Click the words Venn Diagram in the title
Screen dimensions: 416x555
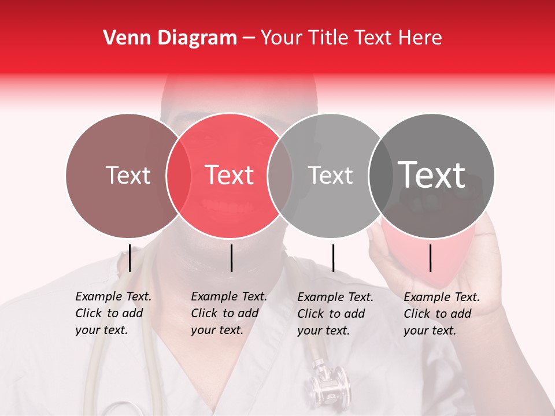(x=170, y=38)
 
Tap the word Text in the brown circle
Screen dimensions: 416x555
(x=128, y=175)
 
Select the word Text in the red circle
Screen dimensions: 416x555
(x=230, y=175)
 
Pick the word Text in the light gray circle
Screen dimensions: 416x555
(x=330, y=175)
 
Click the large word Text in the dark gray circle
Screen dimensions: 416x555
(x=431, y=174)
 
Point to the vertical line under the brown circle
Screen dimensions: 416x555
(x=130, y=258)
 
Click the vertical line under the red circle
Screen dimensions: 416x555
(x=232, y=258)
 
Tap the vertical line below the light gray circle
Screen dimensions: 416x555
(x=334, y=258)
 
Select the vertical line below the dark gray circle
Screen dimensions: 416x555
(x=431, y=258)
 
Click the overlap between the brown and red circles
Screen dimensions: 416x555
(x=179, y=175)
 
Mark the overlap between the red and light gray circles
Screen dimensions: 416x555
(x=280, y=175)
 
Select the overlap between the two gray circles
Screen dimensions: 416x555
(x=380, y=175)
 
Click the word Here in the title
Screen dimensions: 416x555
(x=421, y=38)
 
